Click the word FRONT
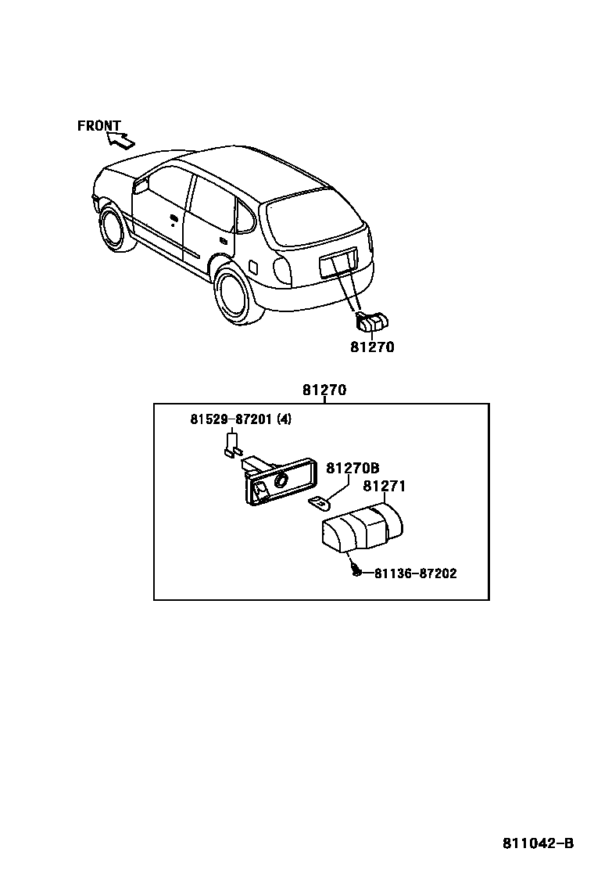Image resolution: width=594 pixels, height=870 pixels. [98, 125]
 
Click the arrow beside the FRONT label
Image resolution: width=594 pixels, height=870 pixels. [120, 140]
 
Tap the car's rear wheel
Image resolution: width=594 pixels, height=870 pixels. [235, 293]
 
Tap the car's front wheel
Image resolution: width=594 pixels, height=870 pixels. [116, 229]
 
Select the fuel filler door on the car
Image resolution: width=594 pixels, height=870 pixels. [252, 266]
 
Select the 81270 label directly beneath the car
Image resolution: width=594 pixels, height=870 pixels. [372, 347]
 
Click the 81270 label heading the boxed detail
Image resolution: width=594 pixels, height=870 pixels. [324, 390]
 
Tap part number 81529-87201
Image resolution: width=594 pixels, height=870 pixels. [231, 419]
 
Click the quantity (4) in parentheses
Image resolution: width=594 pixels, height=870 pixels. [284, 419]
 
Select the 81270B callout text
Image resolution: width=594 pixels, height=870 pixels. [352, 468]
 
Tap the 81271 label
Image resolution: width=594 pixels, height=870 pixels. [384, 487]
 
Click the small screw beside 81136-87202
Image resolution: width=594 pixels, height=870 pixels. [356, 572]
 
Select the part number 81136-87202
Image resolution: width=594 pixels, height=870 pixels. [415, 573]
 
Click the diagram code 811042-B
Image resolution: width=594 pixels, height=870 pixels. [538, 843]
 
